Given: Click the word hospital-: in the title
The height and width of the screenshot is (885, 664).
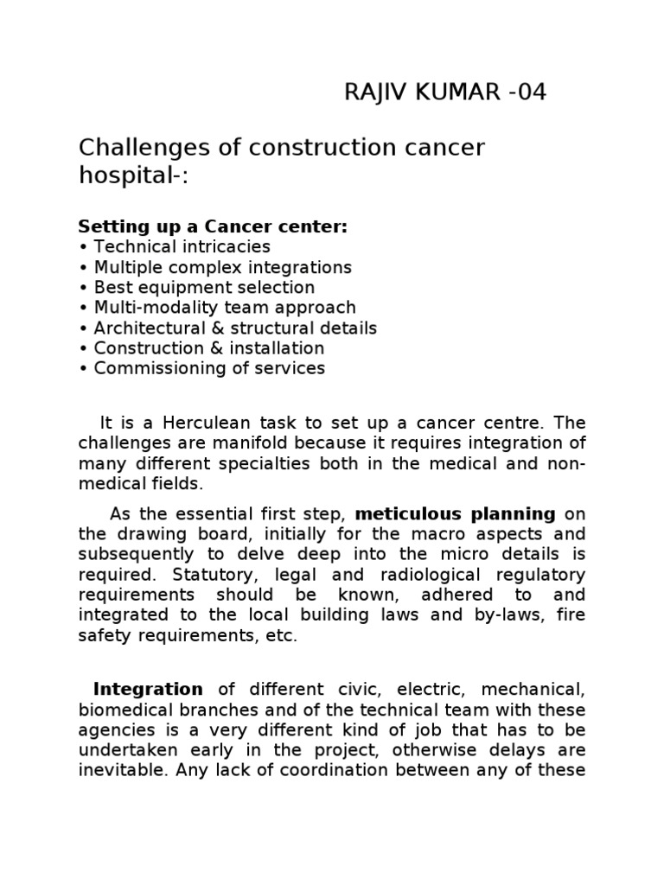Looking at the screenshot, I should pos(133,176).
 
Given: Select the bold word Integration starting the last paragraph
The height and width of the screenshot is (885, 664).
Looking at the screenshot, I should pos(148,690).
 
